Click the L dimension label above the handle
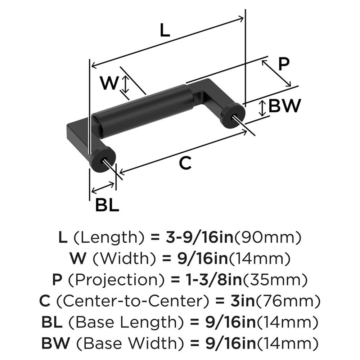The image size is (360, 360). click(x=164, y=31)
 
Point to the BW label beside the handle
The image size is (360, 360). click(x=284, y=106)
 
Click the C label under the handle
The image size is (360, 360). click(x=185, y=163)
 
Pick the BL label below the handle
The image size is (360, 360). click(x=107, y=206)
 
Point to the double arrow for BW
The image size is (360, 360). click(x=263, y=108)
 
